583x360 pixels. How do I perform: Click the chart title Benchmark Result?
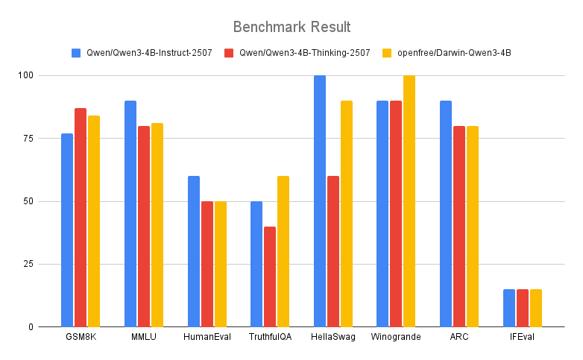pyautogui.click(x=291, y=27)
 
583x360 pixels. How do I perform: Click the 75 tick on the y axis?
pyautogui.click(x=26, y=139)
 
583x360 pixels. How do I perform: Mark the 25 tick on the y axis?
pyautogui.click(x=26, y=264)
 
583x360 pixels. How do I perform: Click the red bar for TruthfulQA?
pyautogui.click(x=270, y=277)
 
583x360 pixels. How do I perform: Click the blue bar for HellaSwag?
pyautogui.click(x=320, y=201)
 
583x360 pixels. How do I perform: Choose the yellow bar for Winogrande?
pyautogui.click(x=409, y=201)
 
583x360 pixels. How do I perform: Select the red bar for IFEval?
pyautogui.click(x=523, y=308)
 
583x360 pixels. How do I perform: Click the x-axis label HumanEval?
pyautogui.click(x=207, y=337)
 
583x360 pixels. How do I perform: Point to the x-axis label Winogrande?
pyautogui.click(x=396, y=337)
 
